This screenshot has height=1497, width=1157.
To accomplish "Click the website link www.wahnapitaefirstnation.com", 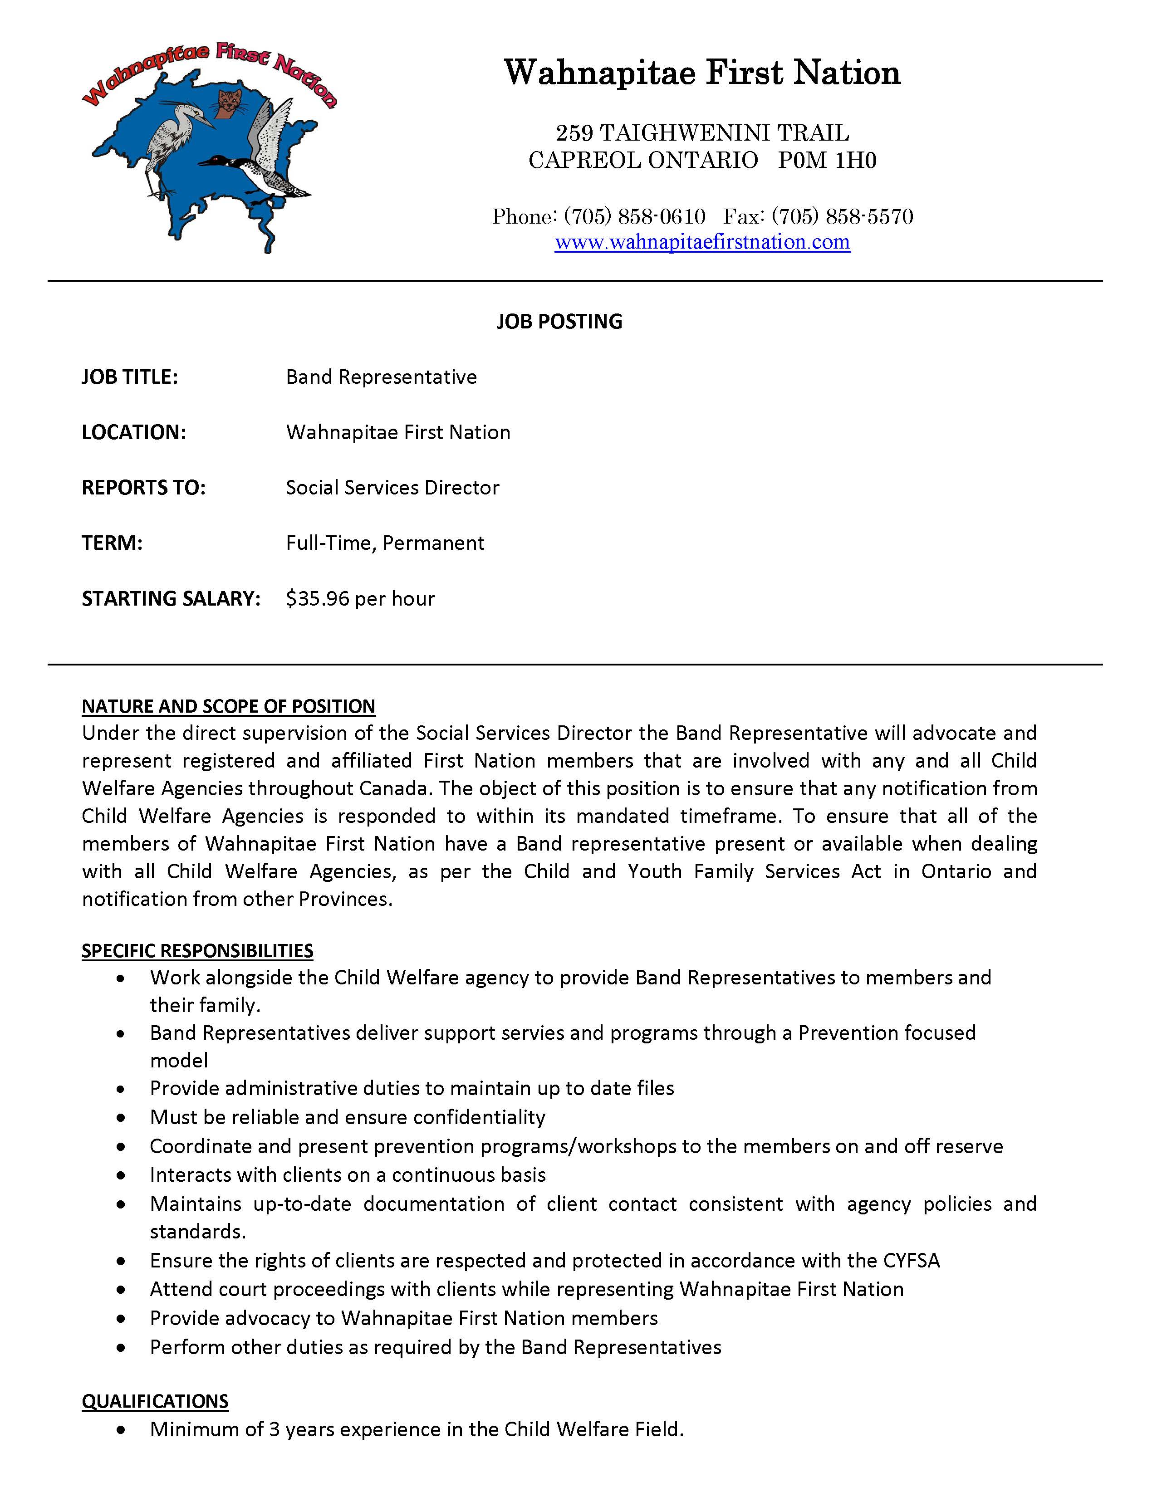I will pos(702,242).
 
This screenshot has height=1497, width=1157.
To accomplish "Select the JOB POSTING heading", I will pos(559,322).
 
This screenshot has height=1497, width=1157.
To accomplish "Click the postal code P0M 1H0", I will pos(827,161).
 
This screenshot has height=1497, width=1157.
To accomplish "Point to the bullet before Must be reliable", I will pos(121,1118).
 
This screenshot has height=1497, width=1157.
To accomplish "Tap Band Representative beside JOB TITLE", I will pos(381,377).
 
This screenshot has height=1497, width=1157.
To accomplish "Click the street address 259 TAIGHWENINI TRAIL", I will pos(702,132).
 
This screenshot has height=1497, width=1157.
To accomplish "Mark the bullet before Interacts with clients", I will pos(121,1175).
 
